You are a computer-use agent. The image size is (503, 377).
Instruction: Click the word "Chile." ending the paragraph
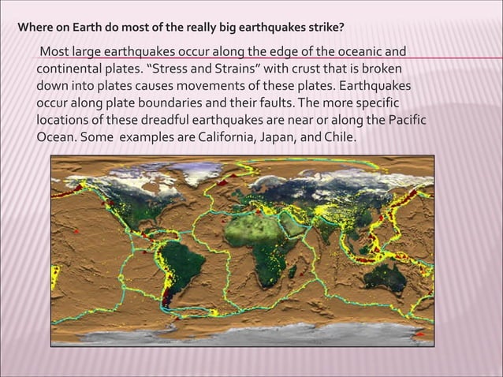coord(340,136)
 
